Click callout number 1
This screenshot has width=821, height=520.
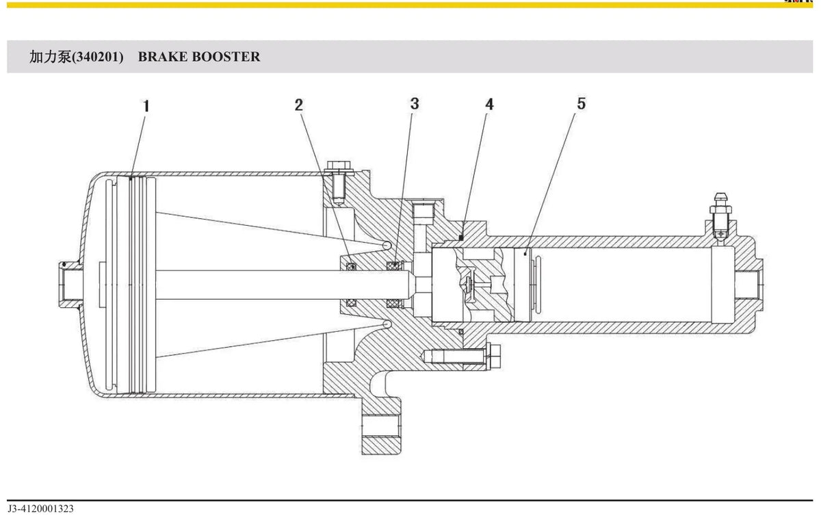[146, 106]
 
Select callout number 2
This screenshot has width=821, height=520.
[299, 105]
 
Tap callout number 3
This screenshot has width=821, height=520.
[415, 104]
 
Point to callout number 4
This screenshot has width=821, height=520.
[489, 105]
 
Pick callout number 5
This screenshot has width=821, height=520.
[582, 103]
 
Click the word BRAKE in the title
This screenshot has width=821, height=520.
[162, 57]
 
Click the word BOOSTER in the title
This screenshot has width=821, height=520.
[226, 57]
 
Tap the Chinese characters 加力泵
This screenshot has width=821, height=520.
[50, 57]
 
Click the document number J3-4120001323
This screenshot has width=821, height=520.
[40, 508]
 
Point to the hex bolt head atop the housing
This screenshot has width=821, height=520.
[339, 166]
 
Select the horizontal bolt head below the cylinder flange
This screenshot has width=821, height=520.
[493, 357]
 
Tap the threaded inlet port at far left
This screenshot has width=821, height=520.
[70, 285]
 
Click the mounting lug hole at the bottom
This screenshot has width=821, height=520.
[381, 426]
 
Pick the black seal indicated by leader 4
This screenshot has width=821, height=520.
[461, 238]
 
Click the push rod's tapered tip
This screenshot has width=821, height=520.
[412, 285]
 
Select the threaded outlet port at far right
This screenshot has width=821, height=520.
[750, 285]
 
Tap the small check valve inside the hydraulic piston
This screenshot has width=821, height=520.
[469, 285]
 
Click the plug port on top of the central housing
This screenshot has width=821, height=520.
[423, 211]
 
